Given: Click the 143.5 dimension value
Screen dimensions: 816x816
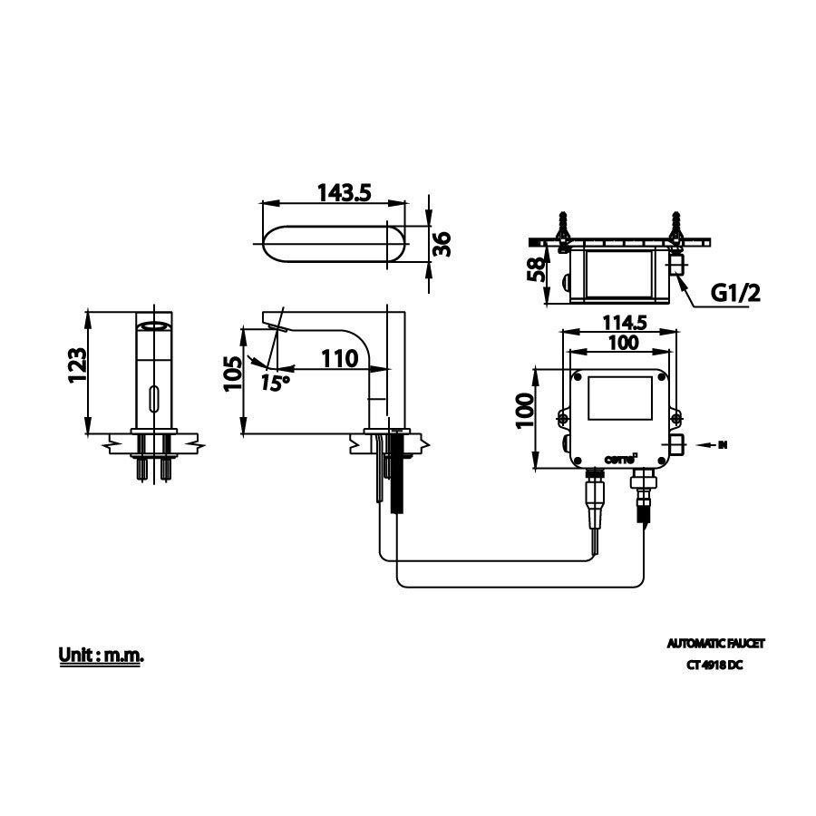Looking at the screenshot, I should (x=345, y=193).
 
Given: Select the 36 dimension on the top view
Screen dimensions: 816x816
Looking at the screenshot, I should (x=442, y=243).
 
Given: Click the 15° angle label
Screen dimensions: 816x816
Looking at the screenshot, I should (x=275, y=382).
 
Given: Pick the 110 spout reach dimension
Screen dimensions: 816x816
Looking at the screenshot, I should (x=339, y=358).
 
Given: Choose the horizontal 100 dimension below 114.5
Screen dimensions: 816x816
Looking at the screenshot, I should (x=622, y=342).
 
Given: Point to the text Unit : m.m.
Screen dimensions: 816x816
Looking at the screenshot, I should (x=101, y=654).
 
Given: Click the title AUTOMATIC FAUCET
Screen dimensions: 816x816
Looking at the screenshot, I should (x=715, y=643).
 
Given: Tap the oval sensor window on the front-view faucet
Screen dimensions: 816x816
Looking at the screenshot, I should (x=152, y=396).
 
